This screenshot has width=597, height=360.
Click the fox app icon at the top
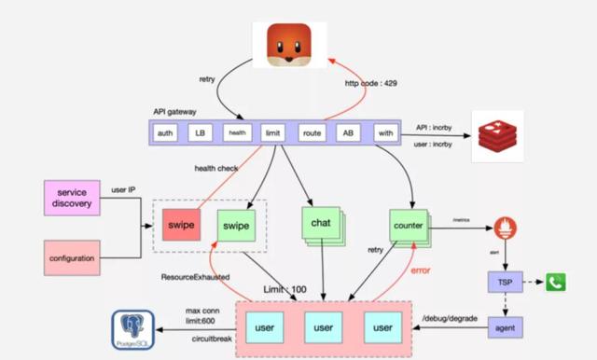[x=288, y=46]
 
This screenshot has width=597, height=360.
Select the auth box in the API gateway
[x=166, y=133]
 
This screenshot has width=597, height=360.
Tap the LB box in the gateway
[x=200, y=133]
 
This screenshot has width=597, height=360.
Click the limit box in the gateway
[x=272, y=133]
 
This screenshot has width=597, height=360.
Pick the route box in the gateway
[x=312, y=133]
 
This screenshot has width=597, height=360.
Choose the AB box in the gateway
[x=346, y=133]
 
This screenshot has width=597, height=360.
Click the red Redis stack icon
[x=496, y=136]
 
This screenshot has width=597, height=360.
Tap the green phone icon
[x=557, y=283]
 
